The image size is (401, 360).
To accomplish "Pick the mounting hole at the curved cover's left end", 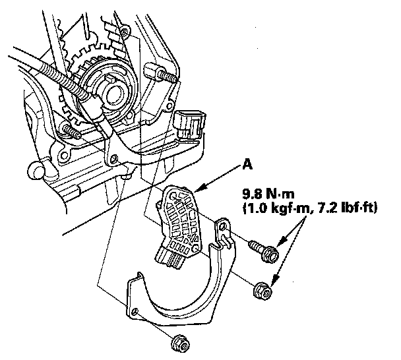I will tap(135, 311).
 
